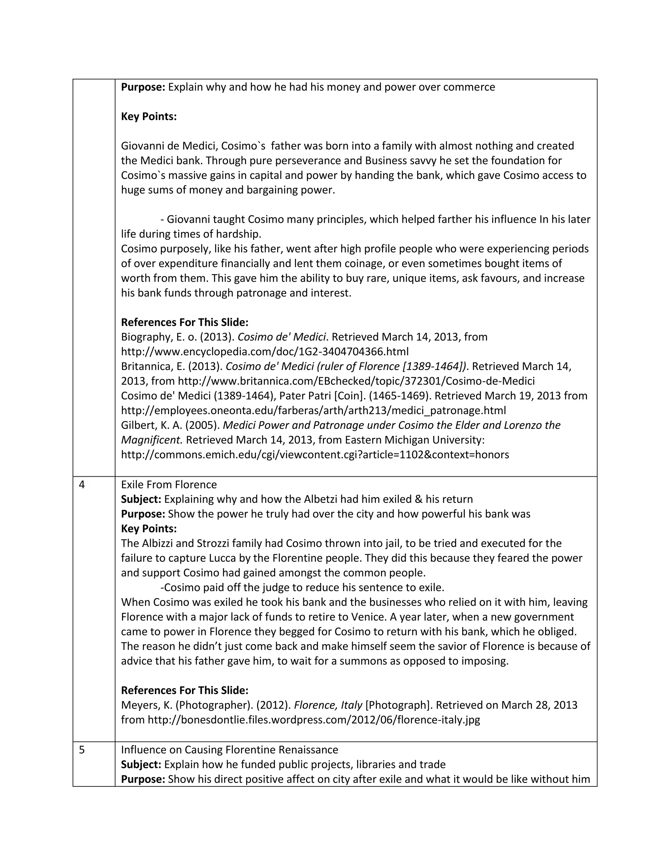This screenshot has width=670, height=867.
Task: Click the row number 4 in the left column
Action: (82, 485)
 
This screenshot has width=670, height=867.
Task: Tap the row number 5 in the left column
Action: (82, 750)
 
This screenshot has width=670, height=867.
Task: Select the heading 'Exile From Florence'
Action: (169, 485)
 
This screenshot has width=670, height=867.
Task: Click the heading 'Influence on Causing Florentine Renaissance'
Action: (229, 750)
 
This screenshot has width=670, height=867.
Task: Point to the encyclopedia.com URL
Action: (265, 352)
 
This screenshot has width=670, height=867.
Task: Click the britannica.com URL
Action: (356, 381)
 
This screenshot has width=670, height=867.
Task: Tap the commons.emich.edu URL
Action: (315, 454)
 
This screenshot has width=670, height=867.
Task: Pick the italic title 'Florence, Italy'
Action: (328, 705)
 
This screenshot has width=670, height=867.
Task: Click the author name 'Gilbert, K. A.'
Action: (147, 425)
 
